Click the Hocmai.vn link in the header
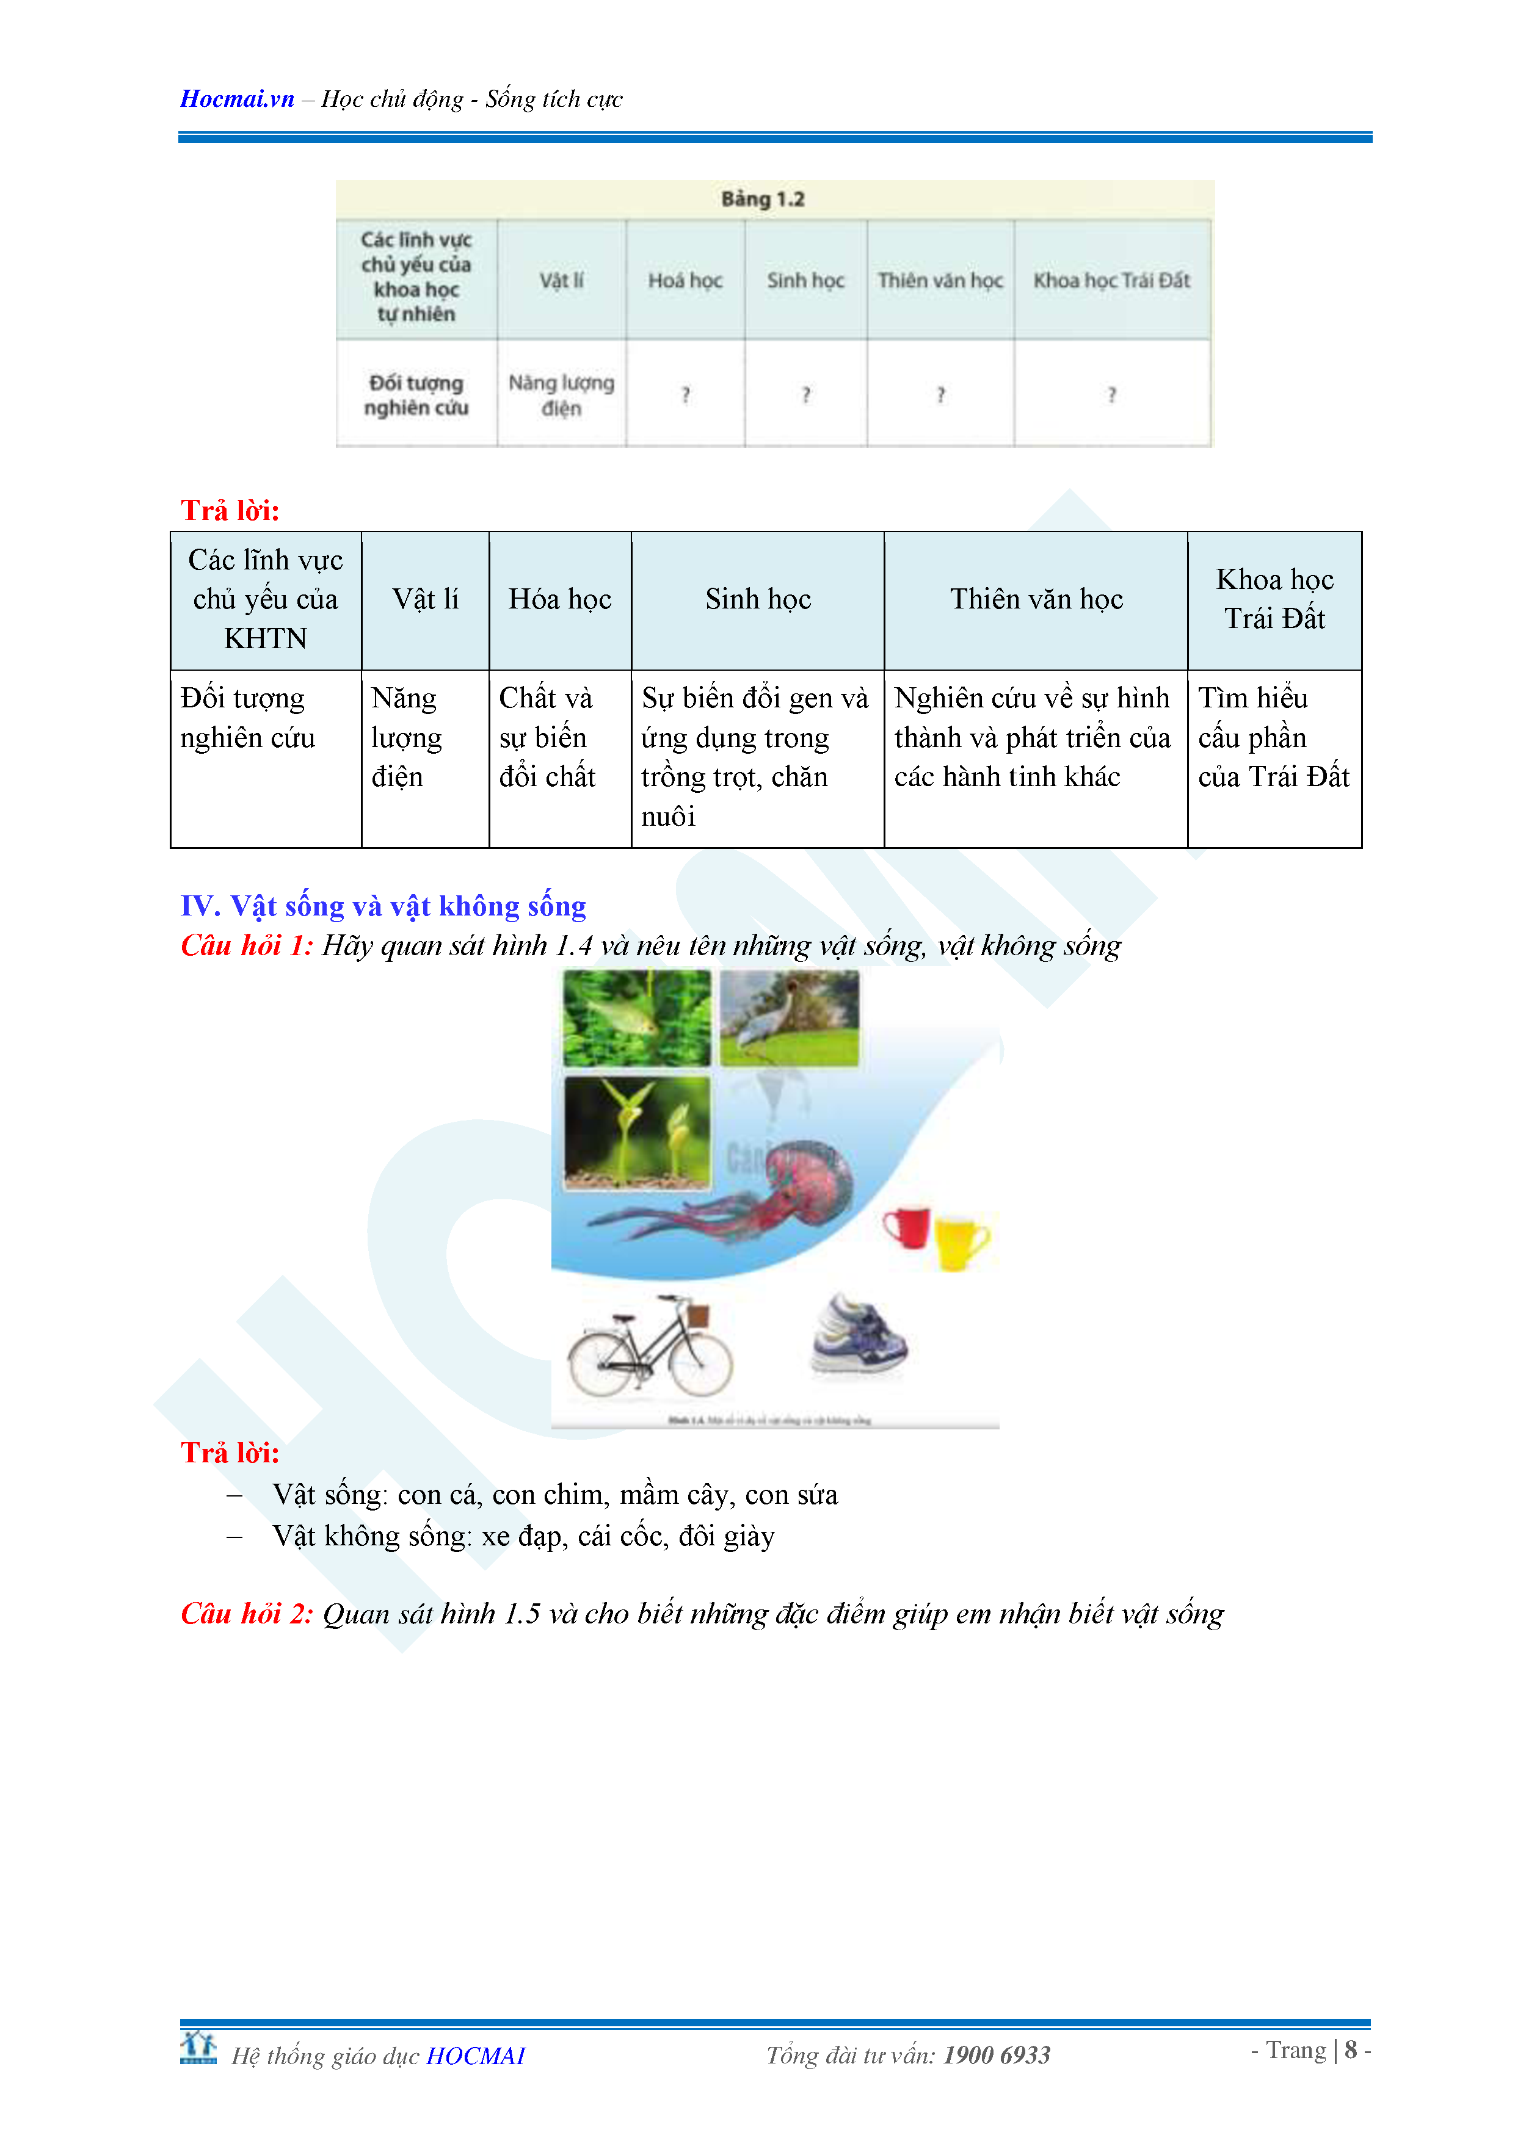(x=237, y=99)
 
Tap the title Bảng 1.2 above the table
(x=762, y=198)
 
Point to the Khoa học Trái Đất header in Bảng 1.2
(x=1111, y=280)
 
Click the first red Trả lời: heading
(x=230, y=510)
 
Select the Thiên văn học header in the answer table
(x=1036, y=599)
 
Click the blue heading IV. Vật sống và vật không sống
(x=382, y=906)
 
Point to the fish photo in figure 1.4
(x=636, y=1017)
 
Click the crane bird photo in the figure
(x=789, y=1017)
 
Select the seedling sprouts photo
(x=636, y=1132)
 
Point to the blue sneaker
(x=858, y=1335)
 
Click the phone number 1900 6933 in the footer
(x=997, y=2055)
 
